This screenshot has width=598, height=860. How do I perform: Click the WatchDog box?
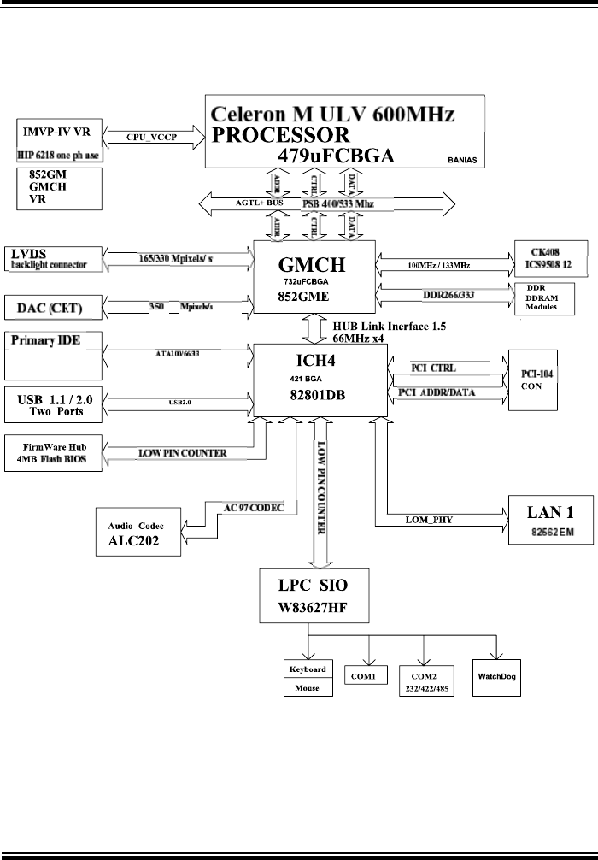tap(498, 676)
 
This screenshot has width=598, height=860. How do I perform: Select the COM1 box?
tap(368, 676)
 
